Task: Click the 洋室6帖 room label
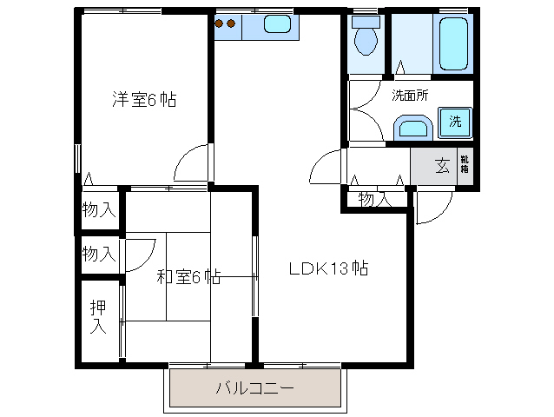click(144, 99)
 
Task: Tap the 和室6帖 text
click(188, 277)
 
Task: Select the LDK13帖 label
click(329, 268)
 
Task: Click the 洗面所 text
click(409, 96)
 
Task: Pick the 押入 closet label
click(97, 317)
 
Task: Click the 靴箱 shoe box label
click(465, 164)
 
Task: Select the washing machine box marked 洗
click(454, 122)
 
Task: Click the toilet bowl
click(366, 36)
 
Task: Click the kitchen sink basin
click(277, 25)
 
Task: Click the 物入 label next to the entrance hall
click(373, 199)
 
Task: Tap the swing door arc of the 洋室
click(191, 162)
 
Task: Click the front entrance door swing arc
click(433, 207)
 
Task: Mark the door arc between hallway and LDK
click(328, 166)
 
